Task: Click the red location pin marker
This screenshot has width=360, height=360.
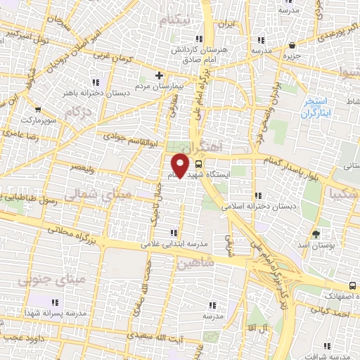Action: [181, 165]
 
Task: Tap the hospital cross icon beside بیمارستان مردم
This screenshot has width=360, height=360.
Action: [160, 75]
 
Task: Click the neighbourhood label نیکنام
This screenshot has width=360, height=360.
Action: [174, 19]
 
